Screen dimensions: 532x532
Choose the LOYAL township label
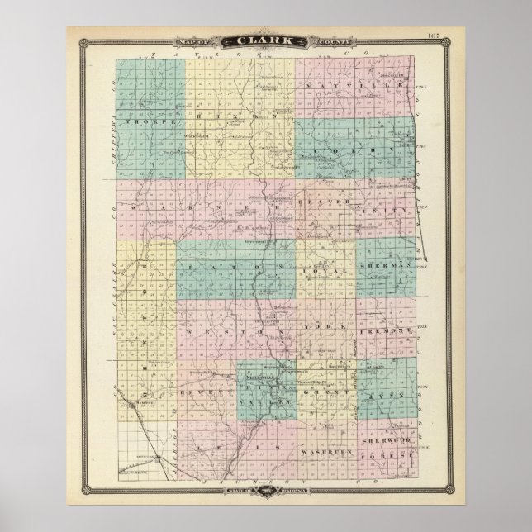click(318, 269)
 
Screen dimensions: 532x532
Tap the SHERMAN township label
click(385, 266)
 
